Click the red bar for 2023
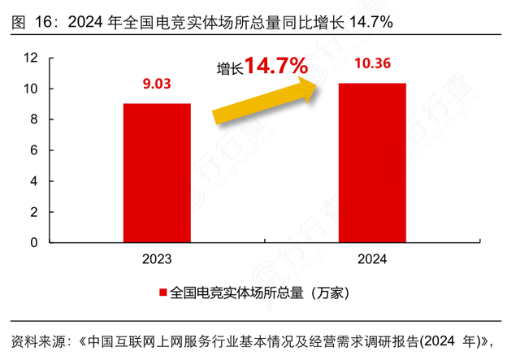point(157,172)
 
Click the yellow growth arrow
point(265,96)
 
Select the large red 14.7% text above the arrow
point(277,65)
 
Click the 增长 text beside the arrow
point(230,69)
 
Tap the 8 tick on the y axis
point(35,119)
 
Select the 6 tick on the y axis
point(35,150)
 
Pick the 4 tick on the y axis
point(35,181)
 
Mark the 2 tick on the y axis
point(35,212)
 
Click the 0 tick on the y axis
point(35,242)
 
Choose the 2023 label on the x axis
point(157,259)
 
